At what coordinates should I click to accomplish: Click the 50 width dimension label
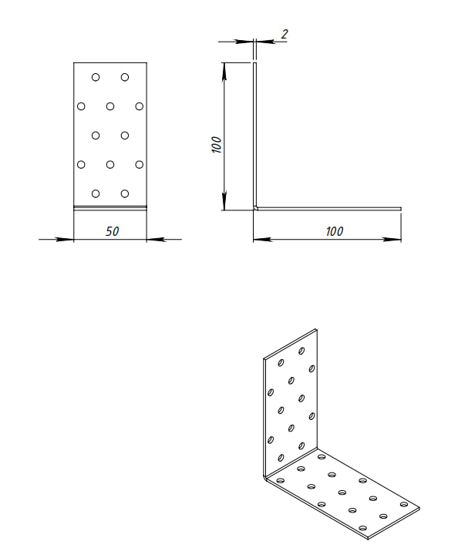click(x=112, y=231)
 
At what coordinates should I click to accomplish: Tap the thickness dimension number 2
click(x=284, y=34)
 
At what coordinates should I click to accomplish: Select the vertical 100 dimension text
click(x=217, y=144)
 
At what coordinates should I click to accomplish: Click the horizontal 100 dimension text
click(x=335, y=231)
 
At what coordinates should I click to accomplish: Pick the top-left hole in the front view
click(x=96, y=77)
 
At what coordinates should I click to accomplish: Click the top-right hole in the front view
click(x=125, y=77)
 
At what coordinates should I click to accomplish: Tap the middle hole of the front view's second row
click(x=110, y=106)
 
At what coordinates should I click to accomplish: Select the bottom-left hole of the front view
click(x=96, y=193)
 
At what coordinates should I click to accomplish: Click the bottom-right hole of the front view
click(x=125, y=193)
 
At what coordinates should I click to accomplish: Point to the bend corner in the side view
click(x=255, y=208)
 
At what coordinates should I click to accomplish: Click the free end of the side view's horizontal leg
click(x=401, y=209)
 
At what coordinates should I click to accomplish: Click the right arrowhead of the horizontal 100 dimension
click(x=392, y=240)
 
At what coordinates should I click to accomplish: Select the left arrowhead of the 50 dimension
click(x=66, y=240)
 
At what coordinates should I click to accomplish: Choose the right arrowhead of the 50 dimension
click(x=155, y=240)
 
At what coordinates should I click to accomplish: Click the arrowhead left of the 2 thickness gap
click(x=244, y=42)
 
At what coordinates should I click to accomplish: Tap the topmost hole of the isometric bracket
click(x=301, y=351)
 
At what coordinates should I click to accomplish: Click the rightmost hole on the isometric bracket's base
click(x=404, y=504)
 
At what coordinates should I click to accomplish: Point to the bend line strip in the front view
click(x=110, y=208)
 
